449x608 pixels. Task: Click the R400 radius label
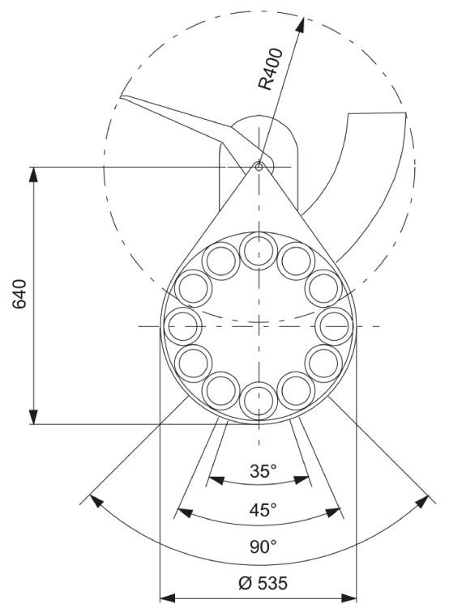pos(271,69)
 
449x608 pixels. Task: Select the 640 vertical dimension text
pos(19,294)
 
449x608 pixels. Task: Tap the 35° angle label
pos(263,471)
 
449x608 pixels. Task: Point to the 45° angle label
pos(263,509)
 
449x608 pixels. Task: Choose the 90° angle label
pos(263,547)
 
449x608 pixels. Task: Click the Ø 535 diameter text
pos(263,583)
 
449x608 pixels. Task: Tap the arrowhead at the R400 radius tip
pos(300,25)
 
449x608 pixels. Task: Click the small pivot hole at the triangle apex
pos(259,167)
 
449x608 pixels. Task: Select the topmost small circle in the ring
pos(259,251)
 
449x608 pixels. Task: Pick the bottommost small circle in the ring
pos(259,401)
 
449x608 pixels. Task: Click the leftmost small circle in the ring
pos(183,326)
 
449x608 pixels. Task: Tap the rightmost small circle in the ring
pos(334,326)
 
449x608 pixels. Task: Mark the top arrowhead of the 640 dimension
pos(34,175)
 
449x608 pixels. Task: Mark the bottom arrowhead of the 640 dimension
pos(34,417)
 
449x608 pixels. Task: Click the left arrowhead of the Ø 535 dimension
pos(168,598)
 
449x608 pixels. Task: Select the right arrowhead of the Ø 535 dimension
pos(349,598)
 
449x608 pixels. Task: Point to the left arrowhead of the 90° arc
pos(96,500)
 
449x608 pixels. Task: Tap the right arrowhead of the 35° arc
pos(302,480)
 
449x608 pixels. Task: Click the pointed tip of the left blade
pos(121,96)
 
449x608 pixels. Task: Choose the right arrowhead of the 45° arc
pos(332,512)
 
